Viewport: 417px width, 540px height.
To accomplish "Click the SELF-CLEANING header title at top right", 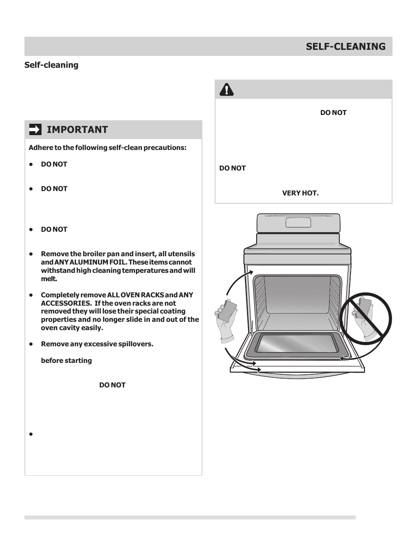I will pos(345,46).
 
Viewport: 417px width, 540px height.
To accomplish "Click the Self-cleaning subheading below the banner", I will pos(51,65).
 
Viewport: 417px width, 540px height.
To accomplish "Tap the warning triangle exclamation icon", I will pos(226,90).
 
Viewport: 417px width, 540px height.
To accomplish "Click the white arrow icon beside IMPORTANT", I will pos(35,129).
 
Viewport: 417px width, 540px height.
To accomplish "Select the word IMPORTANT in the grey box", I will pos(77,129).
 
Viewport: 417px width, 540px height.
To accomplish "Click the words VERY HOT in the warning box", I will pos(300,193).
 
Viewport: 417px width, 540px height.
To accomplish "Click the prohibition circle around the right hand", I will pos(366,318).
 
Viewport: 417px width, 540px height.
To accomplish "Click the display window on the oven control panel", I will pos(298,222).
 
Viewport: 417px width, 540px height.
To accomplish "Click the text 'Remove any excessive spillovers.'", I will pos(97,344).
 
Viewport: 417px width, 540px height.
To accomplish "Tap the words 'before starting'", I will pos(66,361).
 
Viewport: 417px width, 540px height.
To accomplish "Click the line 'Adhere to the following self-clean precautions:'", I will pos(108,148).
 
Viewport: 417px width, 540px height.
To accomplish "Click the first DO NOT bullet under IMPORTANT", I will pos(54,164).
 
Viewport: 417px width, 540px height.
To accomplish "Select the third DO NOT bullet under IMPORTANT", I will pos(54,230).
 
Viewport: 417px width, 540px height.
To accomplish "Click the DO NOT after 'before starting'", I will pos(112,385).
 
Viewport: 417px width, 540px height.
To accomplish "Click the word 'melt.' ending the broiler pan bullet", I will pos(49,279).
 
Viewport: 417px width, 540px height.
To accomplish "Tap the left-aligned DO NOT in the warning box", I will pos(233,168).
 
